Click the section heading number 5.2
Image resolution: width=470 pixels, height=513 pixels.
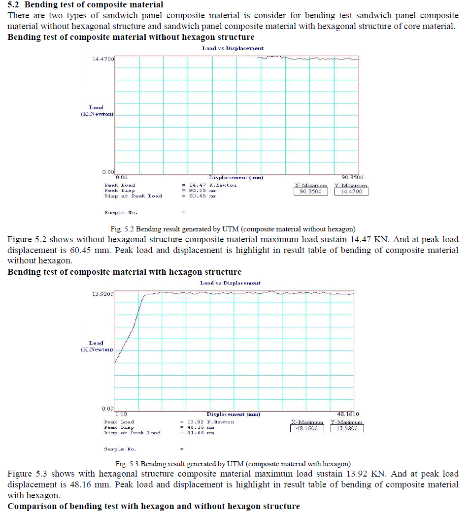[x=14, y=5]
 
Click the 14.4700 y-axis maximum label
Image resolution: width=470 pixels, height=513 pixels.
[x=103, y=59]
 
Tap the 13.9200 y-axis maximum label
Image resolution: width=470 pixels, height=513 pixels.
[x=102, y=294]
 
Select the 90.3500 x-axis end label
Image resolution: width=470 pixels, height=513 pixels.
[x=352, y=177]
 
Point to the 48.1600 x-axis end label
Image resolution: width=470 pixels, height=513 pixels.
[x=348, y=414]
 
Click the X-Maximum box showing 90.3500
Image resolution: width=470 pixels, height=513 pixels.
[x=311, y=192]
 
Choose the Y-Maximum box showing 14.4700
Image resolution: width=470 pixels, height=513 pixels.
[x=351, y=192]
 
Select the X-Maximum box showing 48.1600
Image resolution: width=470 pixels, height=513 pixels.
[x=307, y=428]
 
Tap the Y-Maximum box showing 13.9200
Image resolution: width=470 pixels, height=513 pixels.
[x=347, y=428]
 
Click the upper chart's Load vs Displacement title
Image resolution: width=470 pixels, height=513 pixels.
[x=233, y=48]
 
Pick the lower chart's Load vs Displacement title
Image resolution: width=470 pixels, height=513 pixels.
[x=231, y=283]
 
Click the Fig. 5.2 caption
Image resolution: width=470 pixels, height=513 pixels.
[x=233, y=228]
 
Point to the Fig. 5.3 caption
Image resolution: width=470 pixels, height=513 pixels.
[x=233, y=464]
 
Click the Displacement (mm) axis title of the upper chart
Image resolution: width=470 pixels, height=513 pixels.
[x=235, y=177]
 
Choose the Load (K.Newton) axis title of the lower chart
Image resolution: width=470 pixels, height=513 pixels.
[x=97, y=346]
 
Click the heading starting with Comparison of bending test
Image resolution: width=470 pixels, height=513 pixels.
[x=154, y=506]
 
